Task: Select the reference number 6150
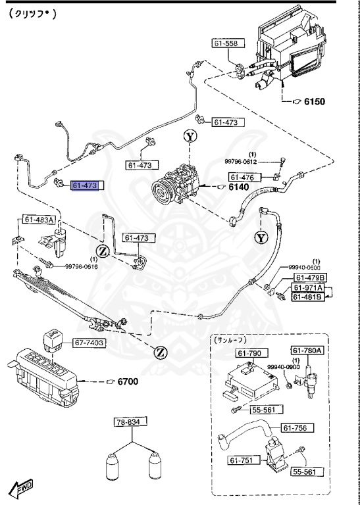pos(313,101)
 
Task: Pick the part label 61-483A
pos(40,220)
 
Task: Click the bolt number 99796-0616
pos(81,267)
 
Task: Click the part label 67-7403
pos(88,343)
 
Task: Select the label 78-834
pos(130,421)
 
